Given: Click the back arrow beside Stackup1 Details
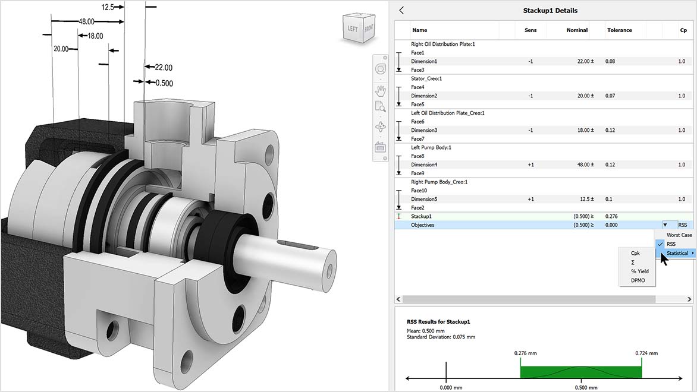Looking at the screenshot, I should [401, 10].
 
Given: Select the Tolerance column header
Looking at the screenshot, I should [619, 30].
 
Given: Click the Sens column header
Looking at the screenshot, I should [530, 30].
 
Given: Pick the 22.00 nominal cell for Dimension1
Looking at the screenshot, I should [580, 61].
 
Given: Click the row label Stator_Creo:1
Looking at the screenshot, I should [426, 78].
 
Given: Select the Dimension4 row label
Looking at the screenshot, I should [424, 165].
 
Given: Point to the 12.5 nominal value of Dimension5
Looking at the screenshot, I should [583, 199].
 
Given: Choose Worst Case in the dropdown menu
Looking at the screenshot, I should [679, 235].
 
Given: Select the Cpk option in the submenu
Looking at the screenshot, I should [636, 253].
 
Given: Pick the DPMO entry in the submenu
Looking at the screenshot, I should [638, 280].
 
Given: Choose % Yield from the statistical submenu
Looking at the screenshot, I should [640, 271].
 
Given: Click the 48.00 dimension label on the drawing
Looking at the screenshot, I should [86, 21].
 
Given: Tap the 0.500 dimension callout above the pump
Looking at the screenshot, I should [164, 83].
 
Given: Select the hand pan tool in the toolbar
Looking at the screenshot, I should [381, 90].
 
